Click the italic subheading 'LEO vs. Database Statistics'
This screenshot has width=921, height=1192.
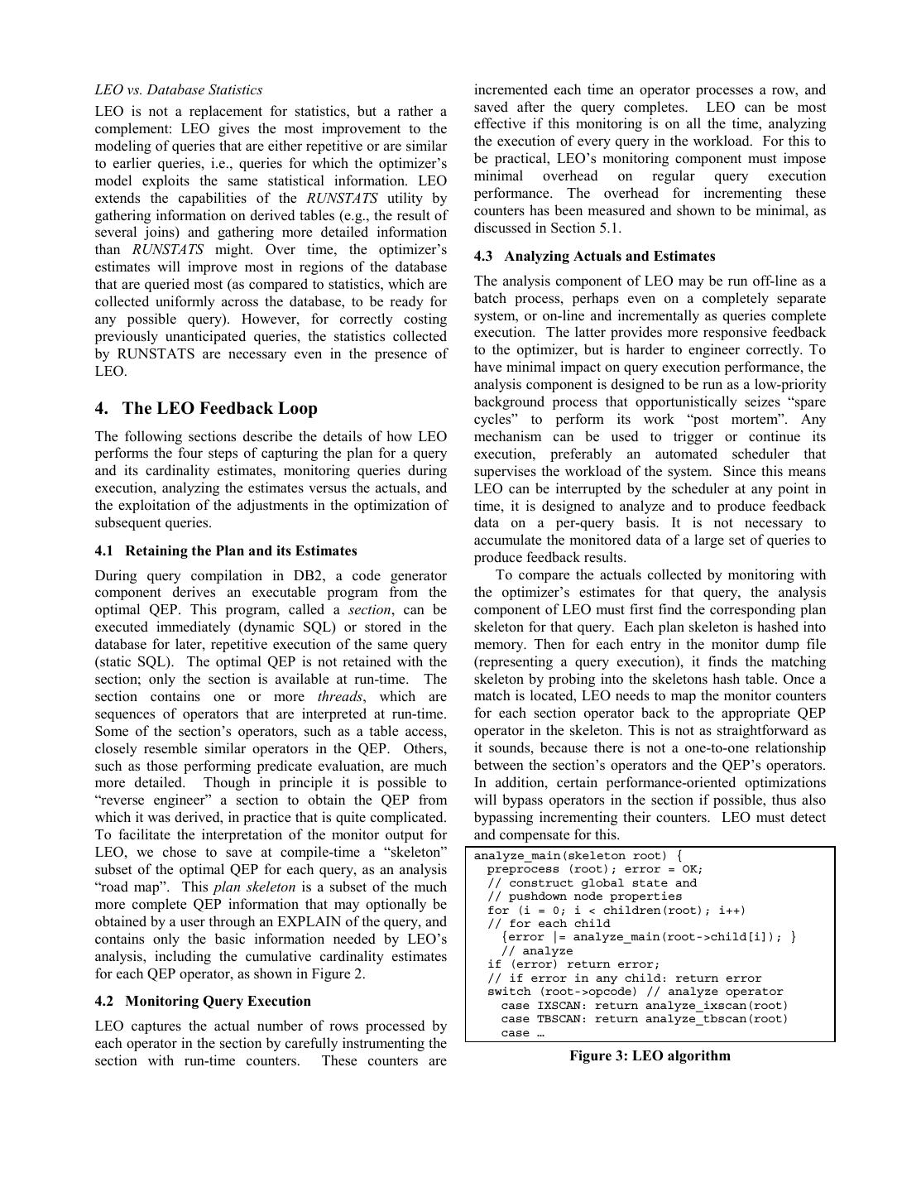[x=179, y=90]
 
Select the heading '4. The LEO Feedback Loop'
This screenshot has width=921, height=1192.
[x=206, y=408]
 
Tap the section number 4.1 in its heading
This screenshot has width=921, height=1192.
[x=105, y=551]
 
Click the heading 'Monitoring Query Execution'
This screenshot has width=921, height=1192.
[x=218, y=1002]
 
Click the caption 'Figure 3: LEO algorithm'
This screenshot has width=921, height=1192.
[x=650, y=1055]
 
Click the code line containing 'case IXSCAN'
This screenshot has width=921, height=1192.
[x=645, y=1006]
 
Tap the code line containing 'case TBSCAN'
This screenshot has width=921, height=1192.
[x=645, y=1019]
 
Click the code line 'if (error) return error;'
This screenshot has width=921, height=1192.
[x=573, y=964]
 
